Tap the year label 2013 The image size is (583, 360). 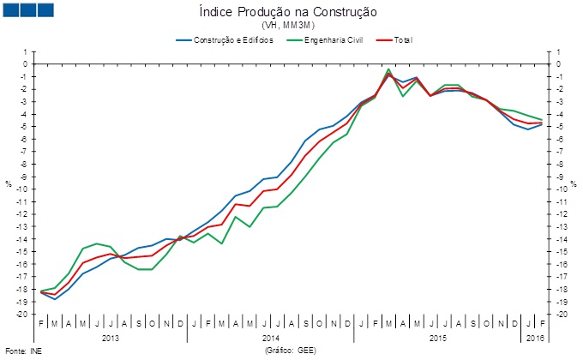point(111,338)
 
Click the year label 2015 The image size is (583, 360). point(437,338)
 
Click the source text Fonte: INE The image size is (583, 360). point(23,351)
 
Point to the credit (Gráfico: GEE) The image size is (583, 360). point(292,351)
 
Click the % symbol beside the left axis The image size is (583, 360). point(9,183)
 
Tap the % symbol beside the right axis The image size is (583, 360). point(572,183)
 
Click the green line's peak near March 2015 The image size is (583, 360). point(389,69)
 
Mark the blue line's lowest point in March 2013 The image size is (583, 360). point(55,299)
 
